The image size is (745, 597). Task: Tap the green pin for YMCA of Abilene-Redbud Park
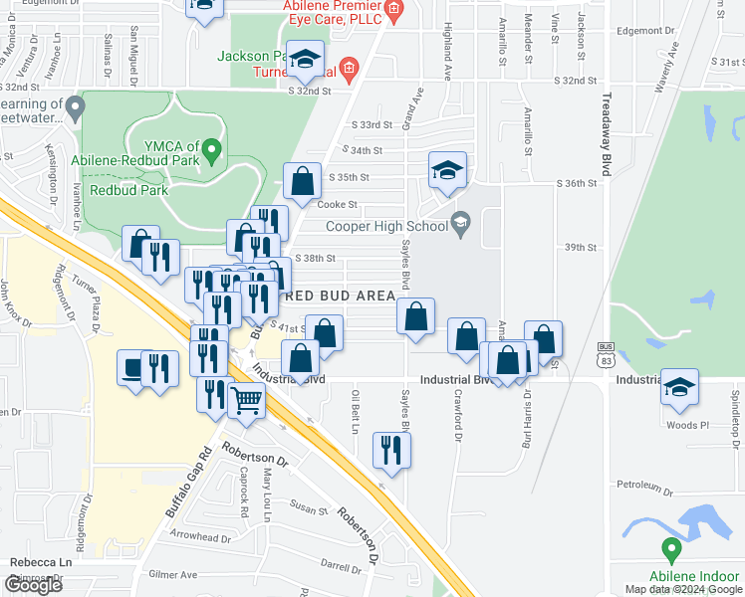[210, 152]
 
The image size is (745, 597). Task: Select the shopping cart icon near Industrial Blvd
[246, 401]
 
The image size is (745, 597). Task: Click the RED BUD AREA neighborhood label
[341, 296]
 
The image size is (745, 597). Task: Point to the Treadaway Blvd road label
[605, 138]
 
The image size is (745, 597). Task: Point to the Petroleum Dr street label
[644, 486]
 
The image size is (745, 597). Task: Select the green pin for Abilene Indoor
[671, 547]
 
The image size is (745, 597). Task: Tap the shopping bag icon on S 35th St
[302, 181]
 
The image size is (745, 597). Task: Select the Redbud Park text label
[127, 189]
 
